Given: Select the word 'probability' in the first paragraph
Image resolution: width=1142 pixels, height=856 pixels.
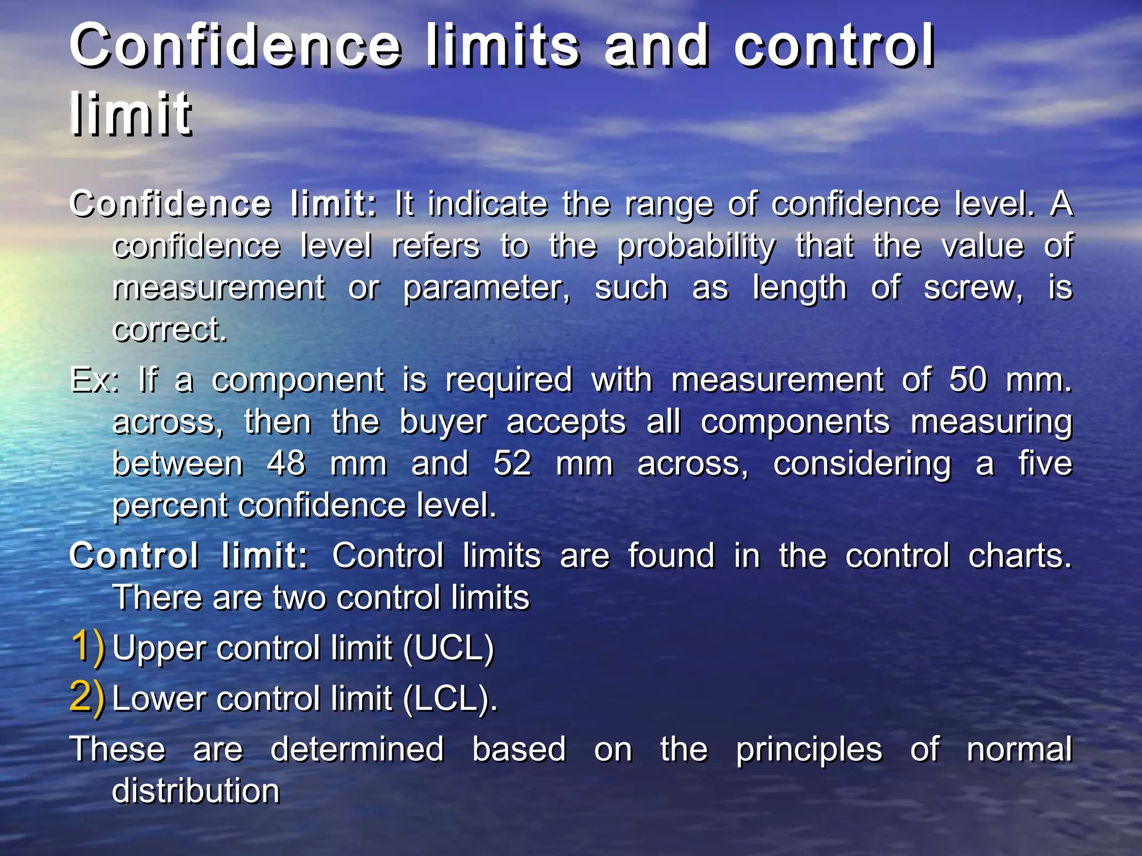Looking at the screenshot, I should [x=696, y=246].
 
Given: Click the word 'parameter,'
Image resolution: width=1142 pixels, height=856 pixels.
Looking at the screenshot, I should [x=487, y=289].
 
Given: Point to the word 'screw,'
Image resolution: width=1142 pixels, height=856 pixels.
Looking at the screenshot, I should [x=974, y=289].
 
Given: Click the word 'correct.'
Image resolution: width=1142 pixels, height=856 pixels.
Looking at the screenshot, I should [x=170, y=330].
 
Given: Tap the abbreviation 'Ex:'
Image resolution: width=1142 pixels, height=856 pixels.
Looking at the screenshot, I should [x=94, y=380].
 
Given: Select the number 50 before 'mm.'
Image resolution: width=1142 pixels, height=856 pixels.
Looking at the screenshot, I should [x=968, y=380].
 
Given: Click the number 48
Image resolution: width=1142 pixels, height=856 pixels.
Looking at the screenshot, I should [x=286, y=464].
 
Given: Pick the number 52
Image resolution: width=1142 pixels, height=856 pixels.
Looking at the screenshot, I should [x=512, y=464].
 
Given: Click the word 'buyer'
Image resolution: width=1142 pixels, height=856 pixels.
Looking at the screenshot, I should [x=443, y=422].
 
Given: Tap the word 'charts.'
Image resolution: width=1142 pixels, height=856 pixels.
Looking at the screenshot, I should [x=1020, y=556].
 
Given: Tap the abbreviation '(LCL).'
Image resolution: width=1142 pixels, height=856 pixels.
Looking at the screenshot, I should [x=450, y=699].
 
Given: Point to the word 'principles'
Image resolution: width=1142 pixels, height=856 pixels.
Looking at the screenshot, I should [x=809, y=750].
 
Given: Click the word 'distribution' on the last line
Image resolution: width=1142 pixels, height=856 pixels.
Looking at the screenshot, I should [x=196, y=791].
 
